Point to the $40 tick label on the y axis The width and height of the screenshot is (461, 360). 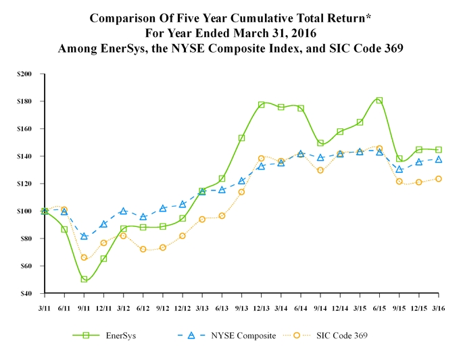pos(29,294)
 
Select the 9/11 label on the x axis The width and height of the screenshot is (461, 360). pos(84,307)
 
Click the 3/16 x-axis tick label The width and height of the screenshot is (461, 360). pos(439,307)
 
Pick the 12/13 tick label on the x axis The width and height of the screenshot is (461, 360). pos(261,307)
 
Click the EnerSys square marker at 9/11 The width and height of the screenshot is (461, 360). pos(84,279)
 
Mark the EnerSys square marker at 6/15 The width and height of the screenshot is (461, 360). pos(379,101)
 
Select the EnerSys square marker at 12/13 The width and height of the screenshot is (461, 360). pos(261,105)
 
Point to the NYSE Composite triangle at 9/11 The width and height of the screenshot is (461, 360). pos(84,236)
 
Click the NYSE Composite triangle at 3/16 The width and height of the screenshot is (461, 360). pos(439,159)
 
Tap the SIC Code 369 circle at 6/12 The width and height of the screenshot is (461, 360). pos(143,249)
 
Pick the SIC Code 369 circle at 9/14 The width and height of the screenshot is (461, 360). pos(320,170)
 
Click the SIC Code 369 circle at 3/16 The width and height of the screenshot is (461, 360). pos(439,179)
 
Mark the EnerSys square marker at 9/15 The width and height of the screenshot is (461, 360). pos(399,159)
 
